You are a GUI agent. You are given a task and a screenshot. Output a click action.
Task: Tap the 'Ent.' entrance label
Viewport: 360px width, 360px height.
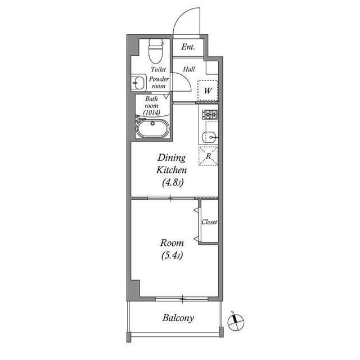pos(188,47)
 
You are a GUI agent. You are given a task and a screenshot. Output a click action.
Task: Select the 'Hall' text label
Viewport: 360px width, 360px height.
pos(188,69)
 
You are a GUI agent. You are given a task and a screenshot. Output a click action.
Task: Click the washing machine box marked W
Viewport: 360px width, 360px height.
pos(208,91)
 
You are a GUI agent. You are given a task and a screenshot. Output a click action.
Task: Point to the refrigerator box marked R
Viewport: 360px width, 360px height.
pos(208,156)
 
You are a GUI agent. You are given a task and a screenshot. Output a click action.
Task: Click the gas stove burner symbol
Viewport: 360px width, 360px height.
pos(210,115)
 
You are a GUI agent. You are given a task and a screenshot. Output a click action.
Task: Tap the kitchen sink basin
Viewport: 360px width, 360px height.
pos(210,136)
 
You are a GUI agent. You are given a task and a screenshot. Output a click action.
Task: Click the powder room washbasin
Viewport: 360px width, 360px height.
pos(138,83)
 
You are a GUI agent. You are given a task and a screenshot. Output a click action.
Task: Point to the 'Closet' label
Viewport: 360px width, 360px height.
pos(209,222)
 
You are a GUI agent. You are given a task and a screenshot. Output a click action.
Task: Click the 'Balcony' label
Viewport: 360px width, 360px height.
pos(178,318)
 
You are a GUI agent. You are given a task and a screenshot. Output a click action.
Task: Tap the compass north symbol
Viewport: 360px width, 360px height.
pos(236,322)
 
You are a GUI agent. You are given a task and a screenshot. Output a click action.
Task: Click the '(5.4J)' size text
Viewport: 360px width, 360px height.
pos(172,255)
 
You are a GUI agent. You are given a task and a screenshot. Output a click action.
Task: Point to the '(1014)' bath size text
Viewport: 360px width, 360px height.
pos(152,112)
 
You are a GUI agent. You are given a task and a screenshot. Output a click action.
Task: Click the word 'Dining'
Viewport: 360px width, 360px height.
pos(172,158)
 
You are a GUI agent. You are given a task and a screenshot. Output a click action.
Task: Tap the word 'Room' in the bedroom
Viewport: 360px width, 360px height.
pos(172,243)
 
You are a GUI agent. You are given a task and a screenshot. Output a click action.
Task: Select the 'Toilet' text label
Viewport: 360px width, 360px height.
pos(158,70)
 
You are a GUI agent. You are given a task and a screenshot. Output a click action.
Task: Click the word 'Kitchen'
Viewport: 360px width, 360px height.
pos(172,170)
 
